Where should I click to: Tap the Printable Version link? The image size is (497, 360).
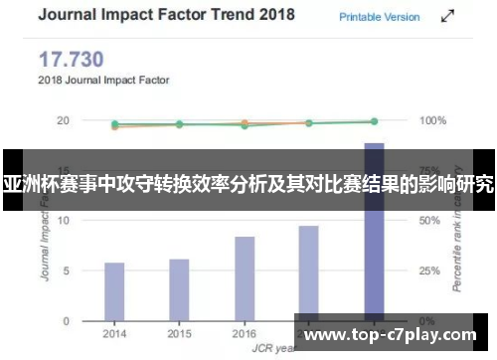(380, 17)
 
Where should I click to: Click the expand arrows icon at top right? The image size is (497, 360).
(449, 17)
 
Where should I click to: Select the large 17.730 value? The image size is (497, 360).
(73, 60)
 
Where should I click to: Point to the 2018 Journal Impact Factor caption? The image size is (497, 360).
(103, 79)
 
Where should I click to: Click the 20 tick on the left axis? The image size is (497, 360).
(63, 120)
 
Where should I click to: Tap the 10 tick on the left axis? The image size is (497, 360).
(63, 221)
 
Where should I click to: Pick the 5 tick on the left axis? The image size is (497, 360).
(66, 270)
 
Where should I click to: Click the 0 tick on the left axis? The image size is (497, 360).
(66, 321)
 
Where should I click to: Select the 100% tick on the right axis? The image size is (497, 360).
(433, 120)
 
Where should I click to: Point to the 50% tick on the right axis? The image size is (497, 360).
(431, 221)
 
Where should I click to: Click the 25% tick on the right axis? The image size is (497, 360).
(431, 270)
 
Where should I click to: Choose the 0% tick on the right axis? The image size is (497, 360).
(428, 321)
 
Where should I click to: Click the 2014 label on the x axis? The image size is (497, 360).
(114, 334)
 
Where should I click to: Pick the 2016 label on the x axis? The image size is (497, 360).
(245, 334)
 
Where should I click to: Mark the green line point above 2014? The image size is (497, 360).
(115, 124)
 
